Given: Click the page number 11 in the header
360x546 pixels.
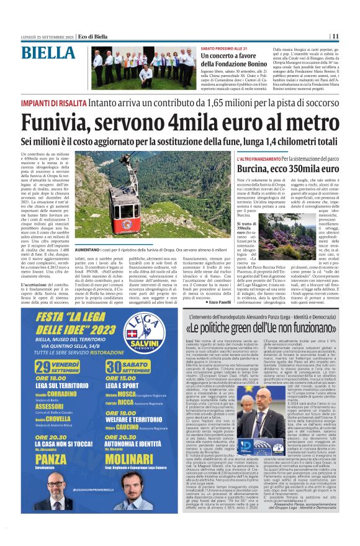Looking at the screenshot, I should coord(352,36).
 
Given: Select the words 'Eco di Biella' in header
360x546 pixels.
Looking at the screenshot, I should coord(76,36).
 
